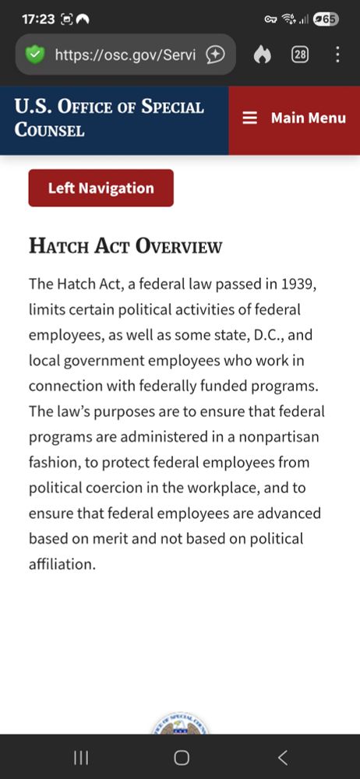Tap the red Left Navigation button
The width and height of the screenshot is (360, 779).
tap(101, 189)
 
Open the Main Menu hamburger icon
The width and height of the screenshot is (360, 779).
tap(249, 118)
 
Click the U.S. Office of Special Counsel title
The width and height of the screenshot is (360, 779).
tap(109, 118)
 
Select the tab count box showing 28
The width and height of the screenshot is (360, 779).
tap(300, 55)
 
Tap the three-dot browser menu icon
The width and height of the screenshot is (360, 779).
tap(337, 55)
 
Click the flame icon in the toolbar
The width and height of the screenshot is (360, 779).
tap(263, 55)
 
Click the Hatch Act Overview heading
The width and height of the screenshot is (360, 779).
tap(125, 246)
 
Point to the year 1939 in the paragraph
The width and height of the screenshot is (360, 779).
tap(298, 284)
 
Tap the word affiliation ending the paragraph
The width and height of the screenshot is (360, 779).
tap(62, 564)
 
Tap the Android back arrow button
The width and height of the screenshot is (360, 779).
tap(283, 757)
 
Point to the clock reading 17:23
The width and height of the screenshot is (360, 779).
tap(37, 19)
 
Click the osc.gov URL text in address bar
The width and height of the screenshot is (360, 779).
tap(125, 55)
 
